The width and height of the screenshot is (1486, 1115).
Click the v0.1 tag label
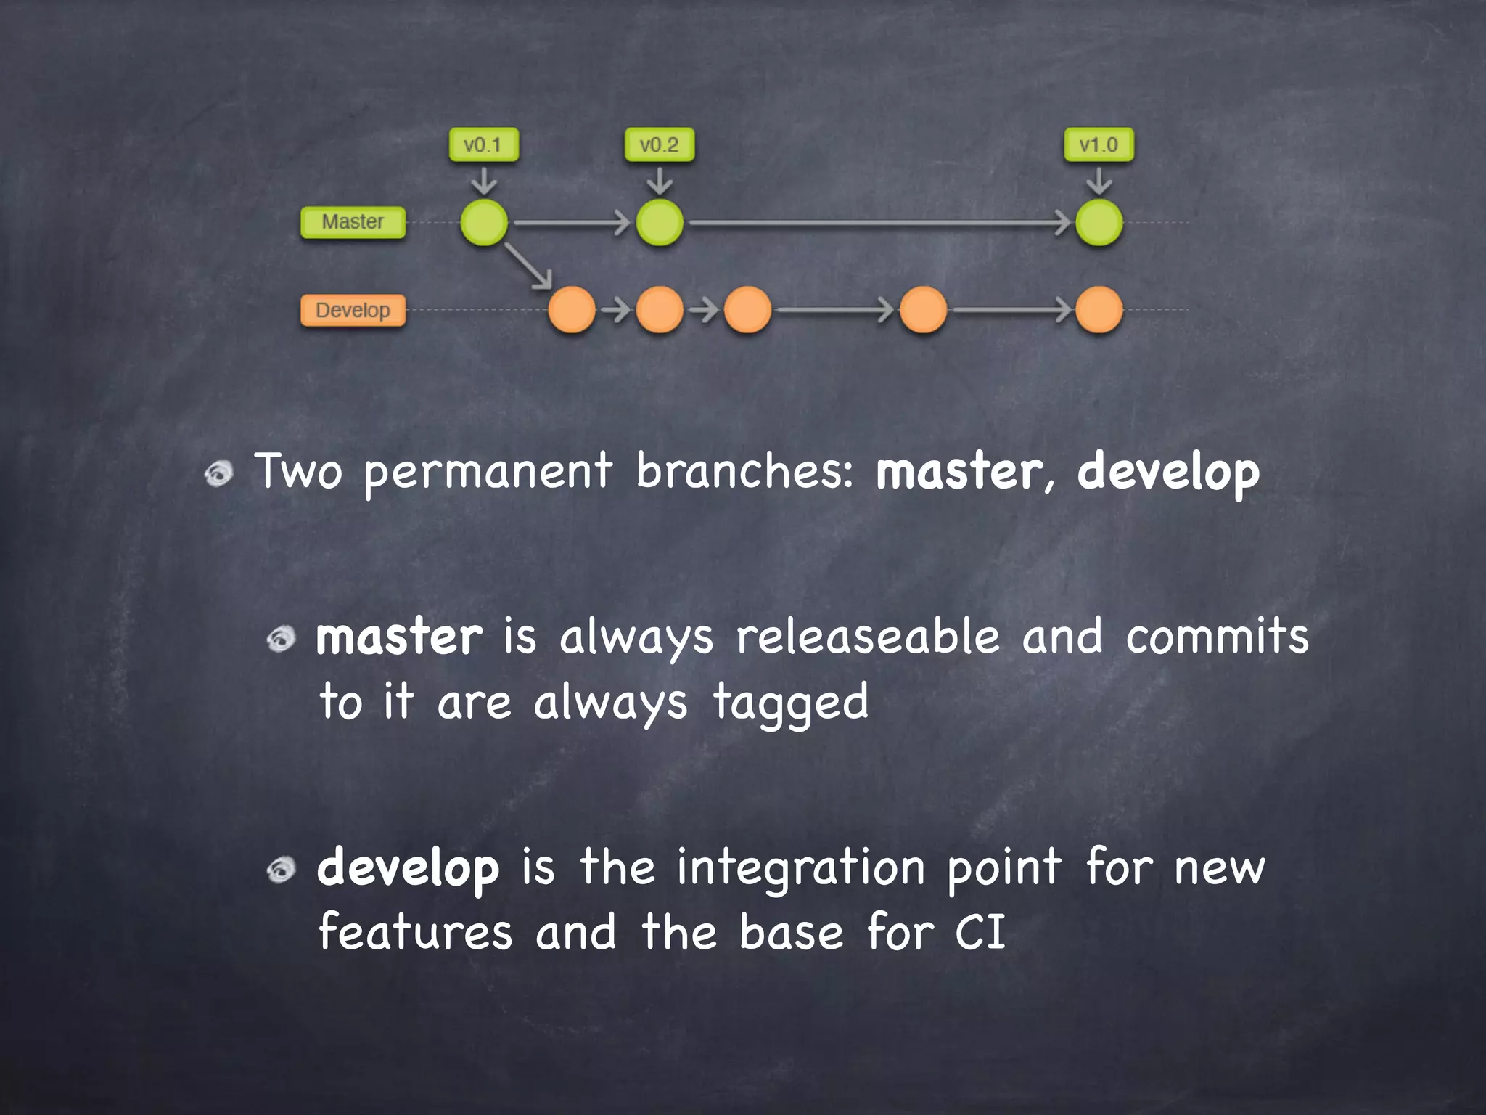[x=483, y=145]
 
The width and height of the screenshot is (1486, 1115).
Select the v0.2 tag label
[x=659, y=145]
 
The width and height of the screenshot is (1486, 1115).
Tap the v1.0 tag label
[x=1099, y=145]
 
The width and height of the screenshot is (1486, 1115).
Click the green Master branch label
[x=353, y=222]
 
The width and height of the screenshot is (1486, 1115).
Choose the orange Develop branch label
[x=353, y=311]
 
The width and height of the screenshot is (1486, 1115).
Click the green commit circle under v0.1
[x=484, y=222]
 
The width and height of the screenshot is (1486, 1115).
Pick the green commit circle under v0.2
[x=660, y=222]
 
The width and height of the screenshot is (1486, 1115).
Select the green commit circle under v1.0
[x=1099, y=222]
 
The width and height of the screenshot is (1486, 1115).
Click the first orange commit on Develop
[x=572, y=310]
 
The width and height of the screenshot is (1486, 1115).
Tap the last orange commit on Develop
[x=1099, y=310]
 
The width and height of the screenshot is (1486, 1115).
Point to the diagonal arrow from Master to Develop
[x=528, y=266]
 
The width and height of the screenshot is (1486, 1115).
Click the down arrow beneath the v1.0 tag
[x=1099, y=181]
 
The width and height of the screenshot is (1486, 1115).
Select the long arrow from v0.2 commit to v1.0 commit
[x=878, y=223]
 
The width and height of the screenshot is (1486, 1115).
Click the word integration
[x=800, y=869]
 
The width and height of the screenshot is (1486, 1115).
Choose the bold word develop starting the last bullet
[x=409, y=869]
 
